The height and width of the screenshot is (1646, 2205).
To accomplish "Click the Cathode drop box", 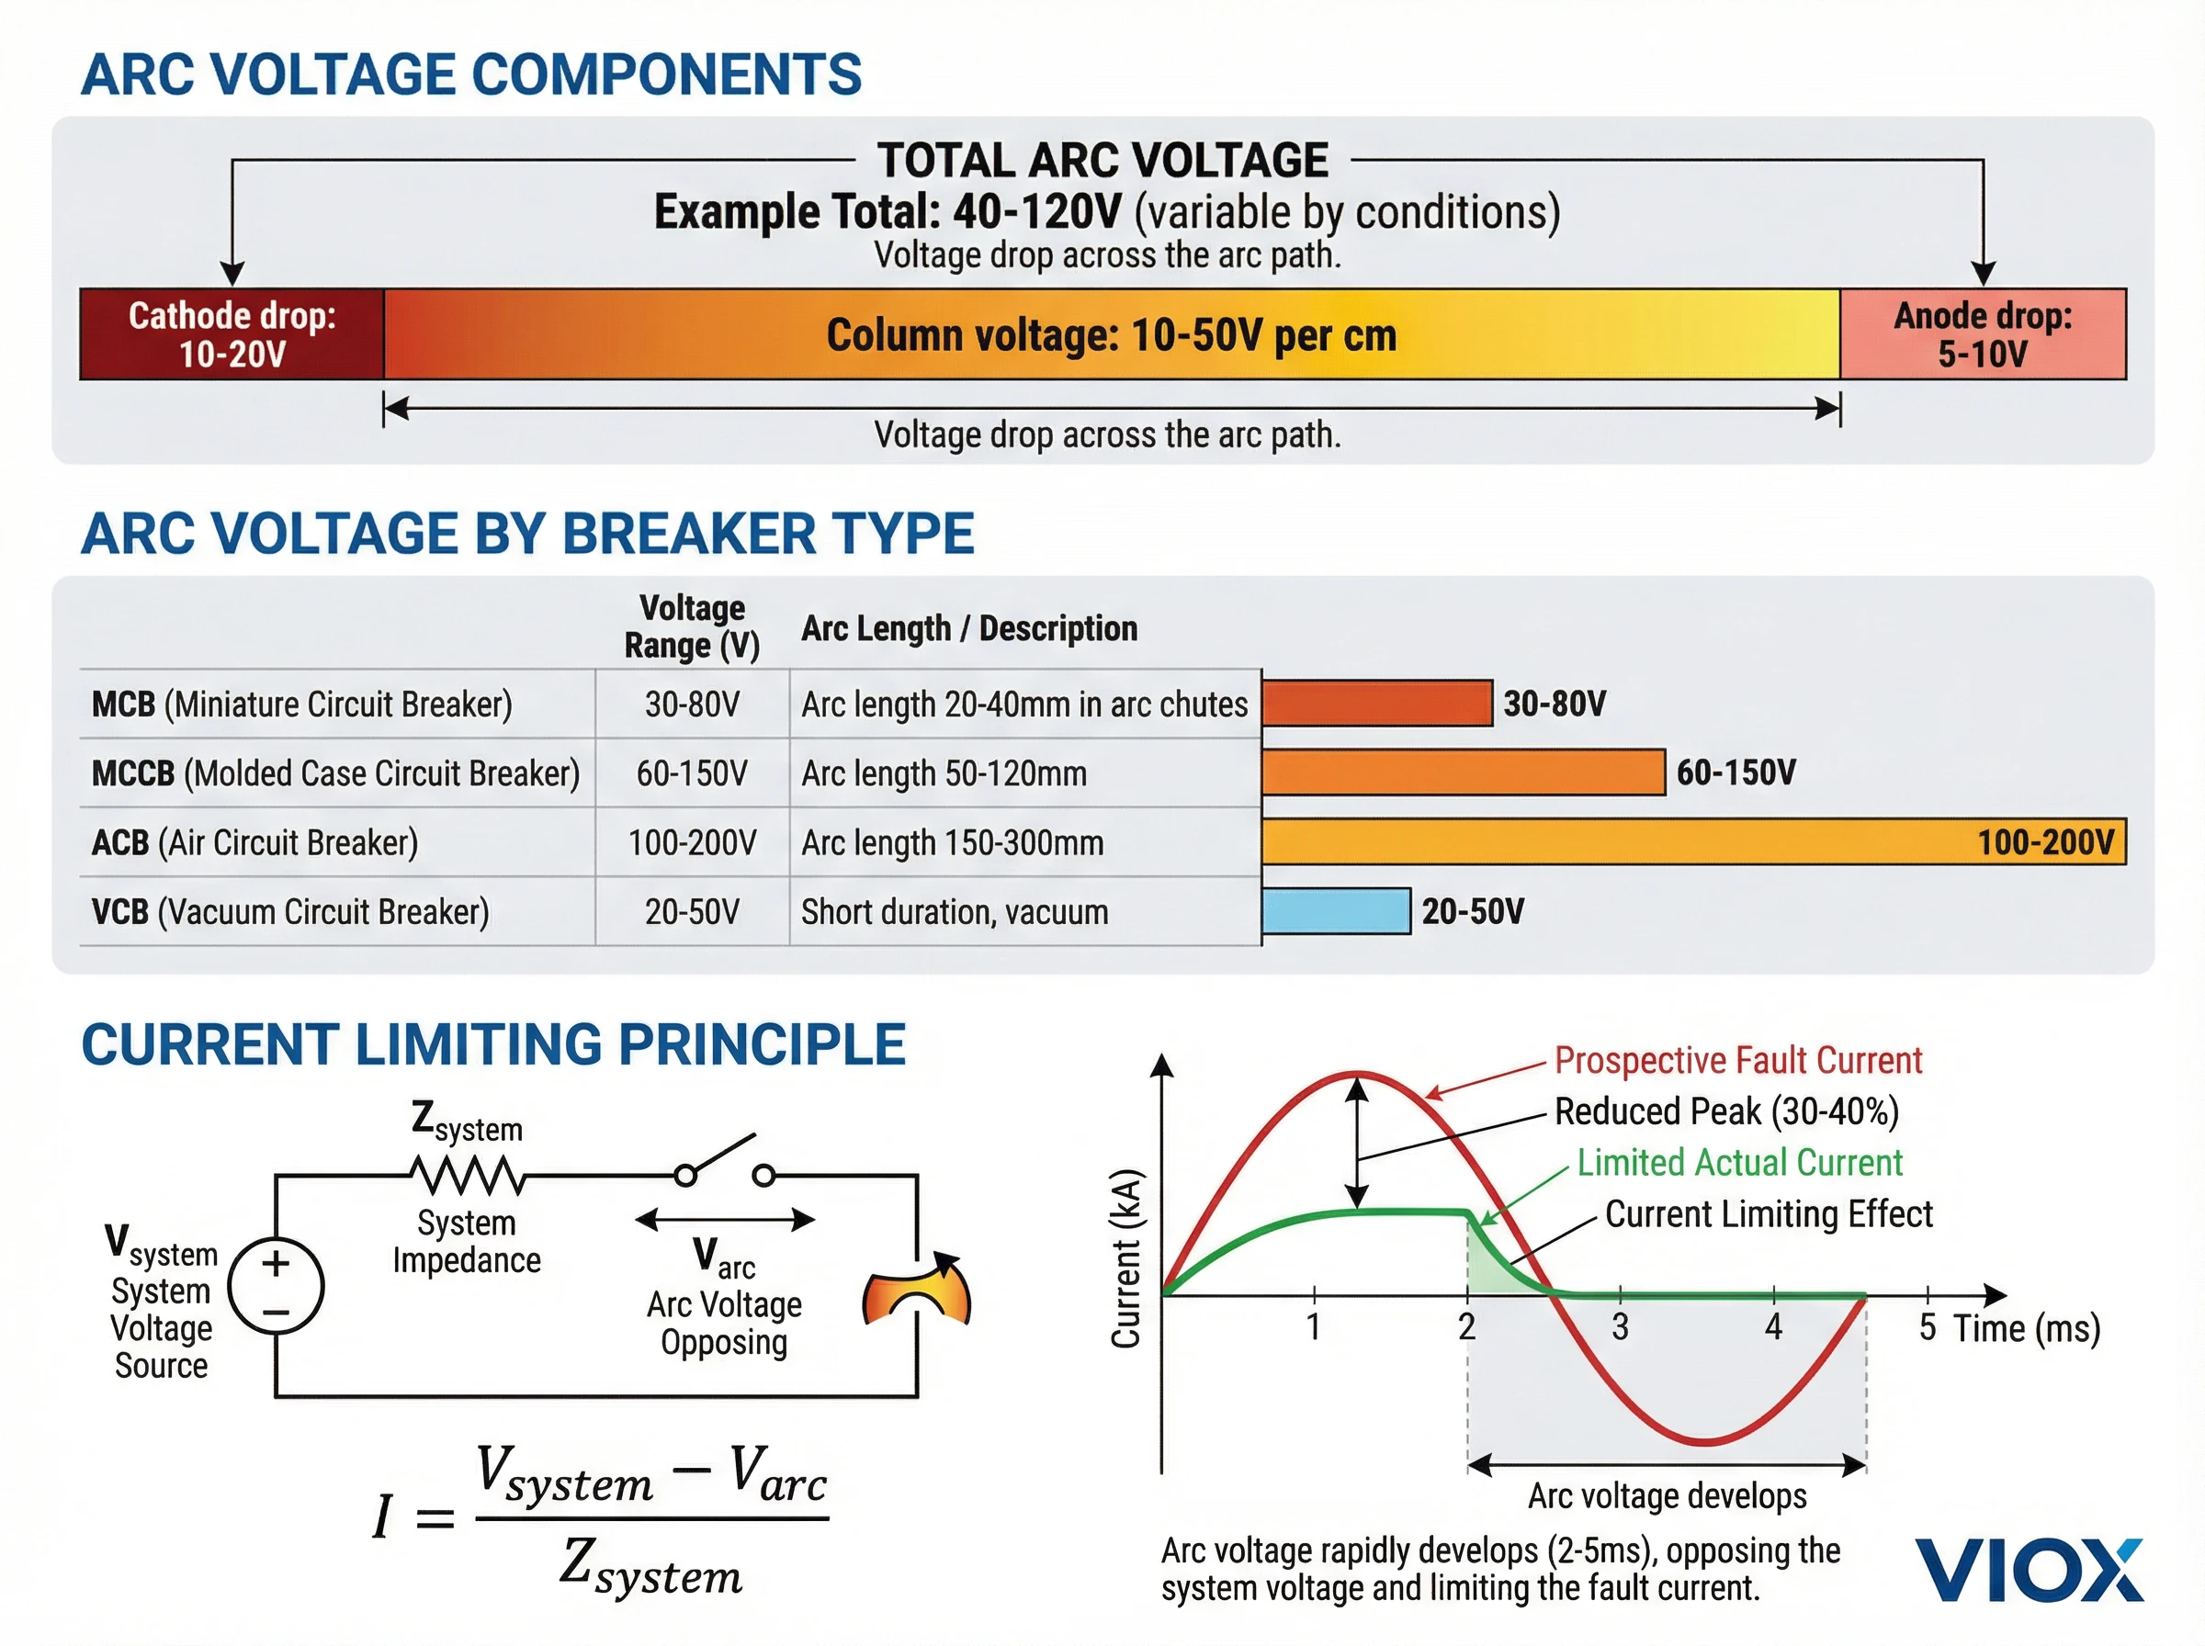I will [232, 334].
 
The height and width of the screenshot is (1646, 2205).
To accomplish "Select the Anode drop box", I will [1982, 334].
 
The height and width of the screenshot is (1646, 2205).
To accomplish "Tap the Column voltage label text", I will [1111, 336].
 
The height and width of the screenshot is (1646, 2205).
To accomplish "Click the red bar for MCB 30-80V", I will [1376, 704].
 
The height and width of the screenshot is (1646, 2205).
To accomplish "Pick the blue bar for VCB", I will [1335, 910].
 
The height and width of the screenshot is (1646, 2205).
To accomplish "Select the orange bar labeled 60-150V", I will [1462, 772].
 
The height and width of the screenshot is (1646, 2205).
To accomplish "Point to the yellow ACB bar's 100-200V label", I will [2044, 843].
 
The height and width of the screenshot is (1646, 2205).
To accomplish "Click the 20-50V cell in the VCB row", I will [692, 912].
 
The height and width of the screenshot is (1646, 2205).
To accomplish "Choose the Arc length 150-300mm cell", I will [952, 843].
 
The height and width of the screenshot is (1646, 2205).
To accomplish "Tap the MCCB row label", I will [334, 773].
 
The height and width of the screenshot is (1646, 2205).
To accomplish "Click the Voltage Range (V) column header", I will [692, 626].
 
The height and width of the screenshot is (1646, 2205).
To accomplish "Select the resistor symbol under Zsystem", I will [468, 1176].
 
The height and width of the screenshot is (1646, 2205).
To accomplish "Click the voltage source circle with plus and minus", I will [276, 1286].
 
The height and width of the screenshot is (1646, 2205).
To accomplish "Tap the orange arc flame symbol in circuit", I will [916, 1291].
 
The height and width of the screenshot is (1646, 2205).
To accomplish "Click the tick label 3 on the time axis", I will [1620, 1327].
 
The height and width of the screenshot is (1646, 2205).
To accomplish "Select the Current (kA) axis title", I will [1125, 1257].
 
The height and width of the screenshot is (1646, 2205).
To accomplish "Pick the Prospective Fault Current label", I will [1737, 1060].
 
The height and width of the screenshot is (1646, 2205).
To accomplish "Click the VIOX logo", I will [2028, 1571].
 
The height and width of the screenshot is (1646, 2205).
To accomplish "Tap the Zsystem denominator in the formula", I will [650, 1566].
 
